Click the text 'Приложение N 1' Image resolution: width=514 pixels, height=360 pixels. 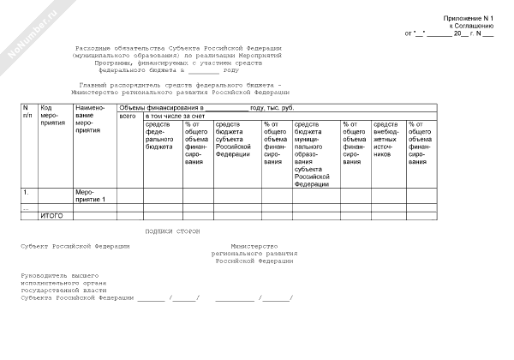click(469, 18)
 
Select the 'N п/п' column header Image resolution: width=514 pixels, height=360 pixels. click(27, 111)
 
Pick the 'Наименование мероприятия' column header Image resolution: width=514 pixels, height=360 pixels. click(90, 117)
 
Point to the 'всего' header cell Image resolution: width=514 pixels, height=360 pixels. click(128, 115)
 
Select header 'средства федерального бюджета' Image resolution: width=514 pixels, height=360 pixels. click(162, 135)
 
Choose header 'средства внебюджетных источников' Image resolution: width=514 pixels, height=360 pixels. click(388, 139)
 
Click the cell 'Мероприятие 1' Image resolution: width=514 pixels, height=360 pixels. click(91, 195)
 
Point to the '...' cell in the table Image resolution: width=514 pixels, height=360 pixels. click(26, 207)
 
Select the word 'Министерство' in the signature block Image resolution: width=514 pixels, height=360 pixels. click(254, 246)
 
